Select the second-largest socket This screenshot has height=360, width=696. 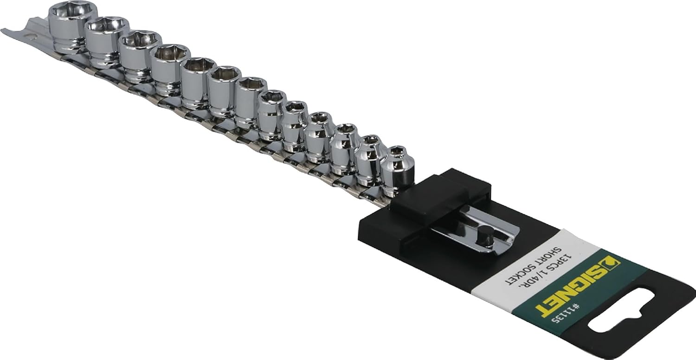pyautogui.click(x=107, y=42)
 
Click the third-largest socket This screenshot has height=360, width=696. pyautogui.click(x=141, y=57)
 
